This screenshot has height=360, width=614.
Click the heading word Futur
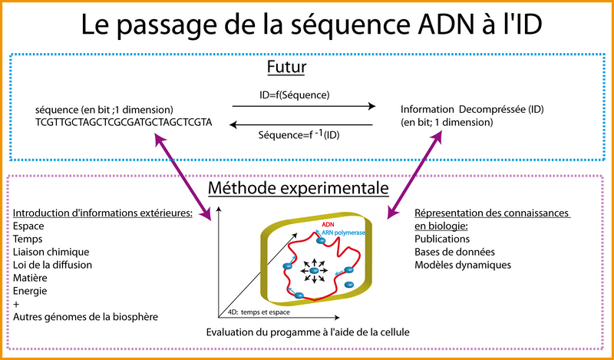286,68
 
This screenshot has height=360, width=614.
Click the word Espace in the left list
30,227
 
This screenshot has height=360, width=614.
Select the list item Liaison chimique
51,252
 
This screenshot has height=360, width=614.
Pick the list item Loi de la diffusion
53,265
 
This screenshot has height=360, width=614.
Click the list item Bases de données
454,252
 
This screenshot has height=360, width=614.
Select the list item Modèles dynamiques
462,265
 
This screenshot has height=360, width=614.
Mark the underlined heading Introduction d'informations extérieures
103,213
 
